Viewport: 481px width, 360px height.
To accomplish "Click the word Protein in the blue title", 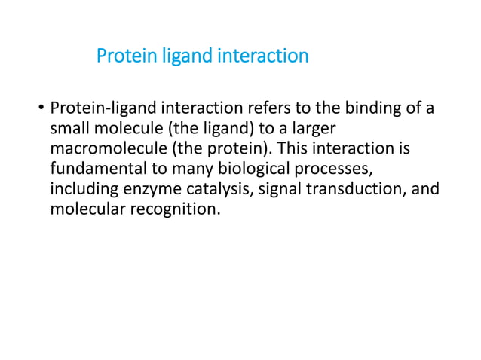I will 123,56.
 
